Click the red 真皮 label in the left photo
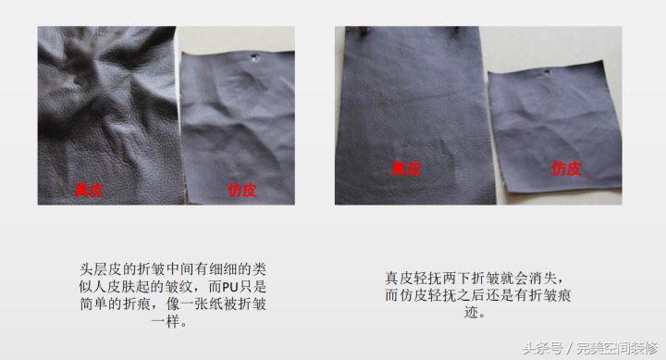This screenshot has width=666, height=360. coord(89,190)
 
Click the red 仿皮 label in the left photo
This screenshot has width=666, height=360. coord(241,191)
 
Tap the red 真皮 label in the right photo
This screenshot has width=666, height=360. coord(407,168)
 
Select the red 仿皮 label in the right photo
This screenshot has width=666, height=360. coord(566,168)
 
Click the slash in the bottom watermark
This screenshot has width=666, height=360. coord(570,348)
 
